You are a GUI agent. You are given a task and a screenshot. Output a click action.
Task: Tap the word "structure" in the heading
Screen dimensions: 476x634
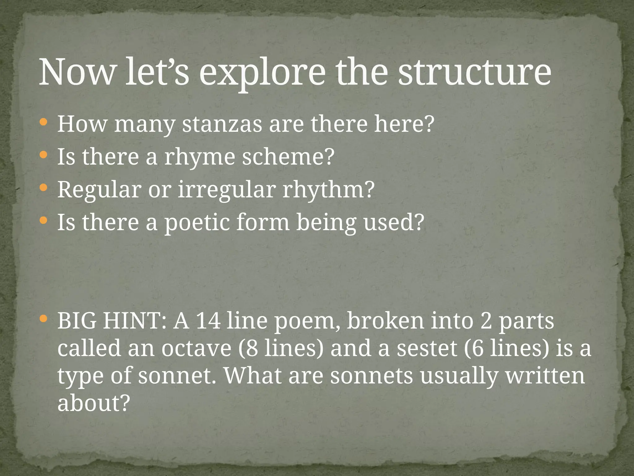(474, 72)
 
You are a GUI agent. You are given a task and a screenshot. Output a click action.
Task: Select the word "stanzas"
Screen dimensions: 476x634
(222, 124)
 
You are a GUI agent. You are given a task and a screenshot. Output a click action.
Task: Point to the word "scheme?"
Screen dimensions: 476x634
(288, 157)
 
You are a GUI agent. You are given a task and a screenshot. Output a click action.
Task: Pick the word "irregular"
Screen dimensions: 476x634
(227, 190)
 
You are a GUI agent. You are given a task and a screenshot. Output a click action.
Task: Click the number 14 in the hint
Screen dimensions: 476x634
(208, 321)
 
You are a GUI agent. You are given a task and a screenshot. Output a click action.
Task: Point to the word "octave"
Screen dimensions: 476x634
(196, 348)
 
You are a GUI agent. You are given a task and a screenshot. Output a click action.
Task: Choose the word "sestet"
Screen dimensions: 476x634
(427, 348)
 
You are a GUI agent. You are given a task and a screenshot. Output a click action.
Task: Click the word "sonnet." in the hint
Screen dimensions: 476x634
(177, 375)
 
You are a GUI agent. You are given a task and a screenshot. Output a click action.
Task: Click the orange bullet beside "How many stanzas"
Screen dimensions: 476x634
(44, 122)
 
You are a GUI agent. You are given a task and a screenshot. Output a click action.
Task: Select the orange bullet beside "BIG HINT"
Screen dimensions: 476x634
(44, 318)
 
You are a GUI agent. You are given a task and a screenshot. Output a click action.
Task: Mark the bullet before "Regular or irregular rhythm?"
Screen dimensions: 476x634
(44, 187)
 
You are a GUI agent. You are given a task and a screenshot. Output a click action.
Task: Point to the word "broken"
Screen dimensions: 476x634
(385, 321)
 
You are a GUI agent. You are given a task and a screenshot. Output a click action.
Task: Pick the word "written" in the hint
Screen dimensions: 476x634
(545, 375)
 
